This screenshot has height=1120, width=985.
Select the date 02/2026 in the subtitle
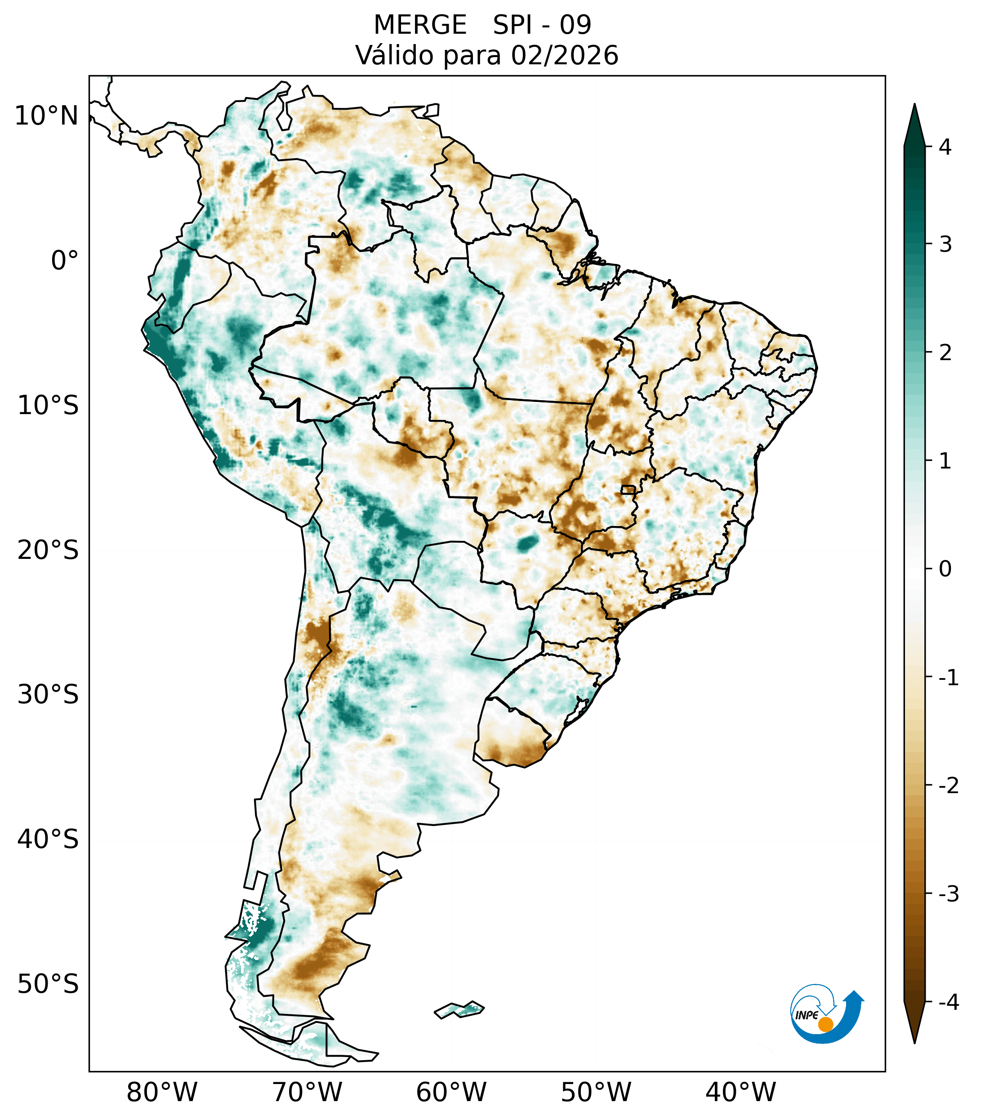coord(564,55)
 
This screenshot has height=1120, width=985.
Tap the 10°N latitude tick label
coord(47,116)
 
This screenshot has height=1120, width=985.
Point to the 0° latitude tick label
coord(65,261)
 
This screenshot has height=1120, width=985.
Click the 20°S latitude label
coord(48,550)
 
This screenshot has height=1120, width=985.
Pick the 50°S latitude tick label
coord(48,985)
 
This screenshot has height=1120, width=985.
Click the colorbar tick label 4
coord(945,147)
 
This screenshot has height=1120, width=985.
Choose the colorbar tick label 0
coord(945,569)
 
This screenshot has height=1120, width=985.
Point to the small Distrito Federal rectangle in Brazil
coord(628,489)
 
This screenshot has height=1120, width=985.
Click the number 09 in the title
coord(575,25)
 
